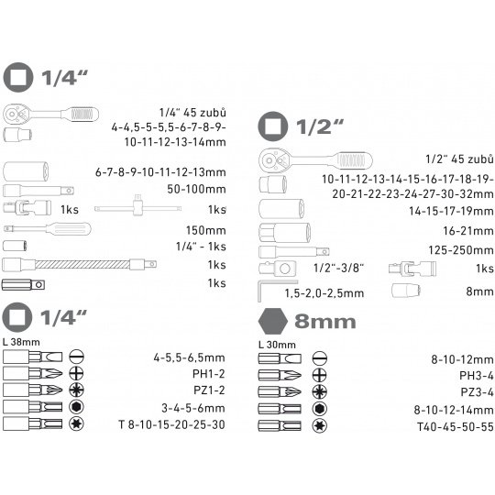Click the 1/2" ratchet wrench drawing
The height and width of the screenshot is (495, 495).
(315, 160)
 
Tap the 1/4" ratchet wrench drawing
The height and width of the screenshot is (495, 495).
(50, 115)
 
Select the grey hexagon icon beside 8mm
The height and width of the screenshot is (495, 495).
(273, 321)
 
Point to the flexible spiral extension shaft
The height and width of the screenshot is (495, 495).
(79, 264)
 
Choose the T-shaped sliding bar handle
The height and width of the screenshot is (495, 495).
(137, 206)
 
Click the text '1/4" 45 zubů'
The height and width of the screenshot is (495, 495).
(192, 113)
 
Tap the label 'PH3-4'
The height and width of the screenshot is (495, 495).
(476, 375)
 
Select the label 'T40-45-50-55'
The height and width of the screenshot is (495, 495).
(455, 427)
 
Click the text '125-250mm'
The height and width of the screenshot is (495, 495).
(460, 250)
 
